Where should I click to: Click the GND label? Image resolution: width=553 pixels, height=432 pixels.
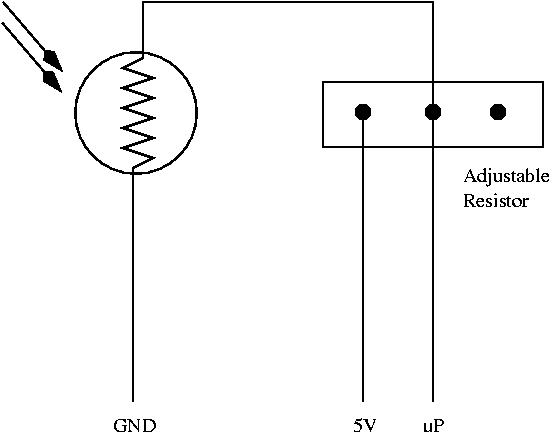tap(135, 425)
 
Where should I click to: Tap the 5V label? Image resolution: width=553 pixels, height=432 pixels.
tap(365, 425)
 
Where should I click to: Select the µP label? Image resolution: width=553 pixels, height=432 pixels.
tap(433, 426)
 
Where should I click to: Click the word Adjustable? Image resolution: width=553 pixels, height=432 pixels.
tap(506, 177)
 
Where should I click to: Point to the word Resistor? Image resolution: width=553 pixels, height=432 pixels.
tap(496, 201)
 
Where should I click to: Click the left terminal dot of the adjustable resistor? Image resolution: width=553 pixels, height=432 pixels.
tap(363, 112)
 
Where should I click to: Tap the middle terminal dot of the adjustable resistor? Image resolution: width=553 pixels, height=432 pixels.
tap(433, 112)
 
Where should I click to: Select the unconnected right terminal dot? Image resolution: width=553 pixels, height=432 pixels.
tap(498, 112)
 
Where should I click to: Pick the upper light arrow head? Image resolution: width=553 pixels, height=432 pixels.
tap(53, 60)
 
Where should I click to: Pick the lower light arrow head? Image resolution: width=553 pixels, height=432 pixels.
tap(52, 81)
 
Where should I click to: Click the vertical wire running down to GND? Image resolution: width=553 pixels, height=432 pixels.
tap(133, 286)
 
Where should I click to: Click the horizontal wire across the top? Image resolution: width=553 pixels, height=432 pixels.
tap(288, 2)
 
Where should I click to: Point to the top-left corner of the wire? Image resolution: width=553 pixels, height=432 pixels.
tap(143, 2)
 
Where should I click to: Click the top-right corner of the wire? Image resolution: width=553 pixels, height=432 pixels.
tap(433, 2)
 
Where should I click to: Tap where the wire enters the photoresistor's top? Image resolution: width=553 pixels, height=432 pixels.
tap(143, 53)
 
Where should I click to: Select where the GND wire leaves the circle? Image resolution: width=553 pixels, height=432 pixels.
tap(133, 173)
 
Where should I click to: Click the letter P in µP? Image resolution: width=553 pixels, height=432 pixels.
tap(438, 425)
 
